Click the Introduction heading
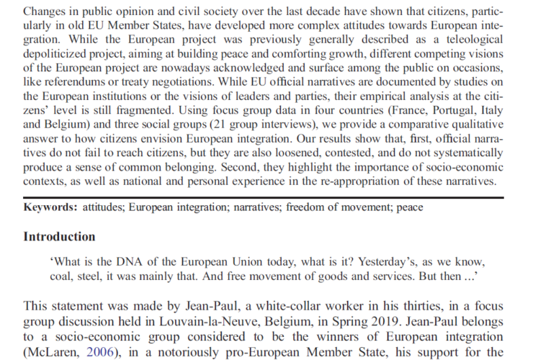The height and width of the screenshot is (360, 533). click(59, 236)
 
